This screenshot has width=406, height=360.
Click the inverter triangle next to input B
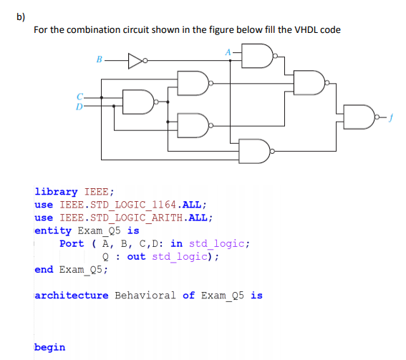tap(136, 61)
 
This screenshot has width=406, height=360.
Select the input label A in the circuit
tap(228, 52)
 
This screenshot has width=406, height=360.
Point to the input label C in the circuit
tap(81, 96)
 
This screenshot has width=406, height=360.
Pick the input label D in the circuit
tap(81, 106)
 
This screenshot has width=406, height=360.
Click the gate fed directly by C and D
tap(137, 101)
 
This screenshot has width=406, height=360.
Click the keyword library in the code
tap(56, 192)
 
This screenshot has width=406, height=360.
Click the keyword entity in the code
tap(52, 230)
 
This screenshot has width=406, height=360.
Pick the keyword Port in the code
tap(72, 243)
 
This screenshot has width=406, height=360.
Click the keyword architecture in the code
tap(72, 295)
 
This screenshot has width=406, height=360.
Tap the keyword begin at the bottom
tap(49, 347)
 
